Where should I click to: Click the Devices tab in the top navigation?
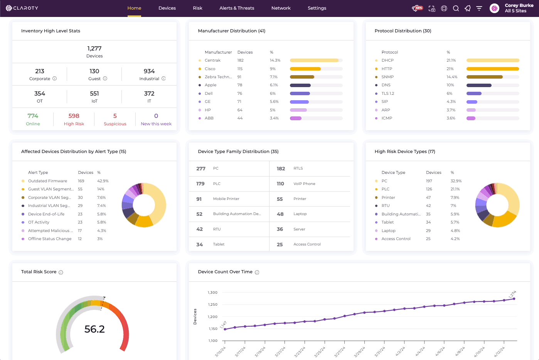(x=167, y=8)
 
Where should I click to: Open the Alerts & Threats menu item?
(x=237, y=8)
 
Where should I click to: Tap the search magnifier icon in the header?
(x=456, y=8)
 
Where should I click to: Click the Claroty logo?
(x=22, y=8)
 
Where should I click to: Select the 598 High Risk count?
(x=74, y=116)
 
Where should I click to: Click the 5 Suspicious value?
(x=115, y=116)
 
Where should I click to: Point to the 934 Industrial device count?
(x=149, y=71)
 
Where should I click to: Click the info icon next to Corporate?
(x=55, y=79)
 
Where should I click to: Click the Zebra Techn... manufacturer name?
(x=218, y=77)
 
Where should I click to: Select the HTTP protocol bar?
(x=492, y=69)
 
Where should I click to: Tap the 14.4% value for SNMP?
(x=452, y=77)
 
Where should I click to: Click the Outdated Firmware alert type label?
(x=47, y=181)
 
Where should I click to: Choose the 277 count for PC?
(x=201, y=169)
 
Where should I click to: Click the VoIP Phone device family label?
(x=304, y=184)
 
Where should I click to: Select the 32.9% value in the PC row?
(x=456, y=181)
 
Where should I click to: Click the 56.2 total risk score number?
(x=94, y=329)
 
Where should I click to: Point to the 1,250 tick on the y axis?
(x=212, y=304)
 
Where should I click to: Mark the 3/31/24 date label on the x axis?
(x=380, y=352)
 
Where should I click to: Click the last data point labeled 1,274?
(x=514, y=299)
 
